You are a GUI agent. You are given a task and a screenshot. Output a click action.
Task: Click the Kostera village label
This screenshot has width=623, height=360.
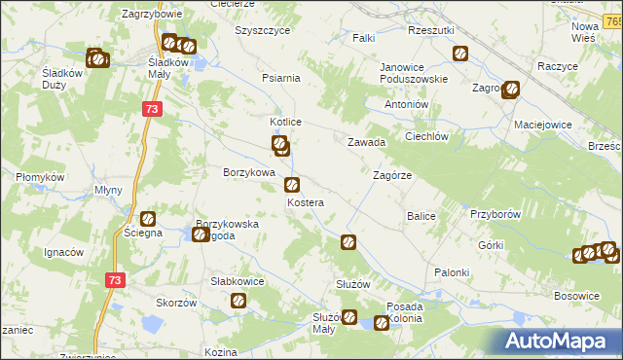[305, 202]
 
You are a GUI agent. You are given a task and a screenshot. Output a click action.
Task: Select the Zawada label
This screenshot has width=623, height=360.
[367, 142]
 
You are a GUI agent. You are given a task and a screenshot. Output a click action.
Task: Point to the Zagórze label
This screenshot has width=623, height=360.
[393, 175]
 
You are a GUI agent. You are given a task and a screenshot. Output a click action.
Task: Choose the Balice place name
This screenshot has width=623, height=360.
[421, 215]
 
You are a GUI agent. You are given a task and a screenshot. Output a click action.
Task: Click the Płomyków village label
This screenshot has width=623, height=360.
[39, 177]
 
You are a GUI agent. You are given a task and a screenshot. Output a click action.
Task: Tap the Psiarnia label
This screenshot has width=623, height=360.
[281, 78]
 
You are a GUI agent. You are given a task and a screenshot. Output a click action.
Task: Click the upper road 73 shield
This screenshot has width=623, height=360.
[151, 110]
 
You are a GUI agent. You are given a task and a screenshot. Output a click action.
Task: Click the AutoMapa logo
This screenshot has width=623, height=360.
[557, 341]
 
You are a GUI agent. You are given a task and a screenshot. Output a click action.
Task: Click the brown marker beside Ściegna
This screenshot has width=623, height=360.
[148, 220]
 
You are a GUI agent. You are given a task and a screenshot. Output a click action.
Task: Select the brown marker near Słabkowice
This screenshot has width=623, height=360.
[237, 302]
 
